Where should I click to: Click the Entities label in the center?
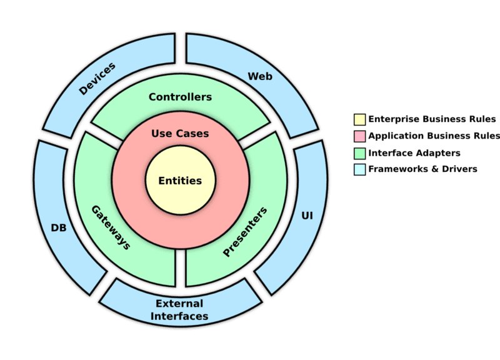(x=180, y=181)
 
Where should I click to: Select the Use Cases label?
(x=180, y=133)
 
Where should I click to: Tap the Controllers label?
(x=180, y=97)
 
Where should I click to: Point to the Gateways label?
(x=111, y=227)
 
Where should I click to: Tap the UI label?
(x=307, y=215)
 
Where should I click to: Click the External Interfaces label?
(x=180, y=310)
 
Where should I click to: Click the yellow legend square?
(x=359, y=119)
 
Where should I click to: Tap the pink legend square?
(x=359, y=136)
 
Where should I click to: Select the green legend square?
(x=359, y=152)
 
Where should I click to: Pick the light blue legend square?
(x=359, y=169)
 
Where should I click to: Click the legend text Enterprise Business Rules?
(x=432, y=119)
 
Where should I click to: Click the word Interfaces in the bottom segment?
(x=180, y=316)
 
